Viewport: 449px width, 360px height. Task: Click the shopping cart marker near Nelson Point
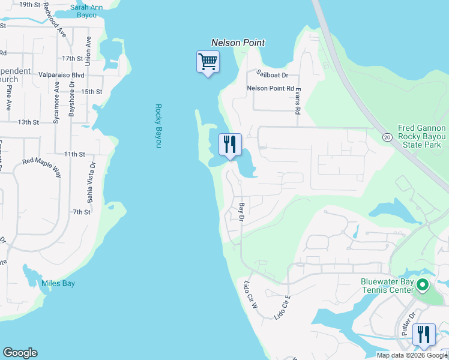[208, 62]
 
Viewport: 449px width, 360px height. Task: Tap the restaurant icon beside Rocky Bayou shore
[230, 145]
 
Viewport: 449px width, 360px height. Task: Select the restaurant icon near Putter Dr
[424, 335]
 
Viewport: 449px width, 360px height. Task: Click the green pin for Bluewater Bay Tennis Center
[423, 286]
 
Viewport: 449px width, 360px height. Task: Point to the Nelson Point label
[238, 43]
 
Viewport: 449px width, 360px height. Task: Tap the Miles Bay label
[58, 284]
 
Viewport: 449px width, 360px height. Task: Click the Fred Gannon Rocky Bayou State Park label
[423, 136]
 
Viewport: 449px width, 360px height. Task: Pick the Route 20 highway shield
[388, 137]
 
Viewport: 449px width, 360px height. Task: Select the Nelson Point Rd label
[271, 88]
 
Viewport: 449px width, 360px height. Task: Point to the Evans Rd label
[297, 100]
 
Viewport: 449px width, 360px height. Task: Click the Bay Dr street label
[242, 212]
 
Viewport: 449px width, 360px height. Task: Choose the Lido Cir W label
[250, 293]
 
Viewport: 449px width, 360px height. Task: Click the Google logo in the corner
[20, 353]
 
